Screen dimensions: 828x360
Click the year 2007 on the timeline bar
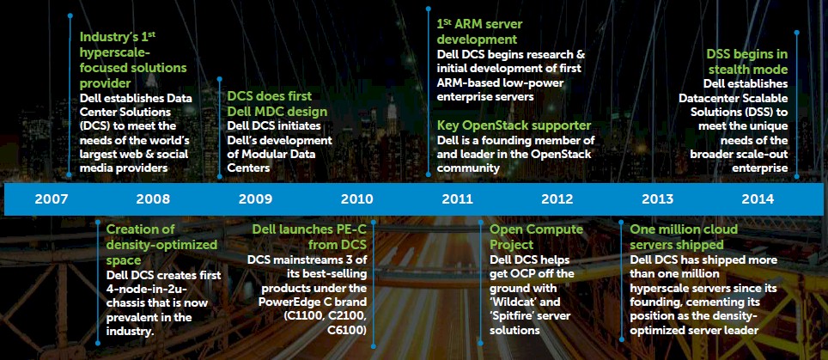point(52,199)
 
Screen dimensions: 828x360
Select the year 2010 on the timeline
point(357,199)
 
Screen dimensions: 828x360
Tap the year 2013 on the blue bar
point(657,199)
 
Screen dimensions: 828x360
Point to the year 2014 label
point(758,199)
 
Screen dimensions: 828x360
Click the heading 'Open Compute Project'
point(537,237)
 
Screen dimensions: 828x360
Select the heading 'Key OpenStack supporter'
point(514,125)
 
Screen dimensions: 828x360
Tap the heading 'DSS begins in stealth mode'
point(747,62)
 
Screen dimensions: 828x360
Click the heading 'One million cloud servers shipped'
point(684,237)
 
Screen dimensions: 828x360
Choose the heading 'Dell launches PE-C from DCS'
point(309,237)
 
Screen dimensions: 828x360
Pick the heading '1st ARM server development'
point(477,32)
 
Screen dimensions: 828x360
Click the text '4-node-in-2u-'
point(147,290)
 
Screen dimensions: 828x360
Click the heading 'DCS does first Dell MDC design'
point(277,104)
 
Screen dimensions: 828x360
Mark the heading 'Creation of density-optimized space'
point(161,244)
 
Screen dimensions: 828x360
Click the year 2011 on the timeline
point(457,199)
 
